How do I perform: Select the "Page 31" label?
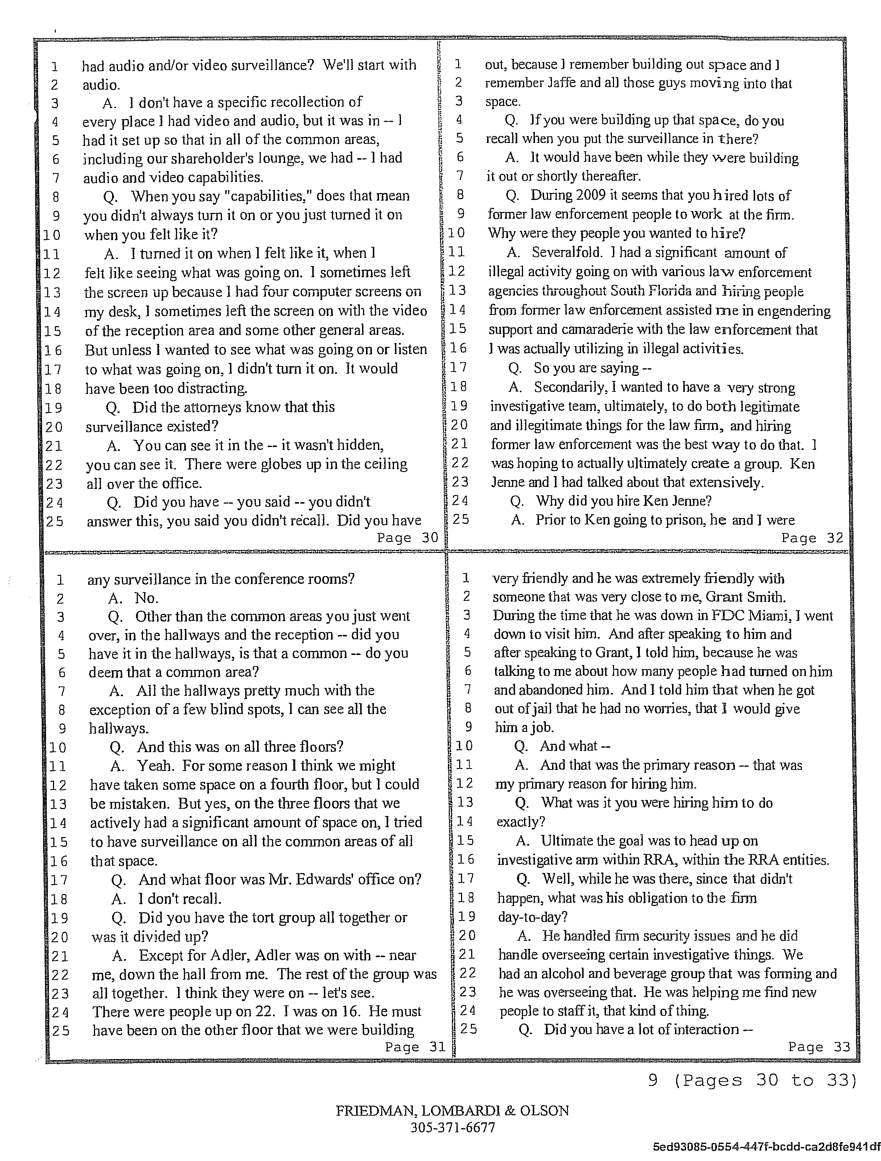click(x=415, y=1047)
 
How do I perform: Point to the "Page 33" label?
click(x=819, y=1047)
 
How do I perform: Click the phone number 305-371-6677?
click(x=452, y=1127)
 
